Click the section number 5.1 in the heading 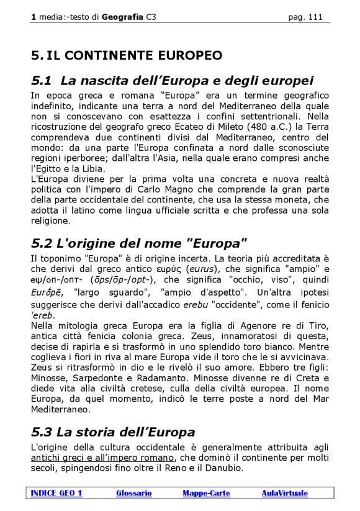(42, 80)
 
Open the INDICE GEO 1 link (56, 493)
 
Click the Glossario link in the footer (133, 493)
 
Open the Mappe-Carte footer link (206, 493)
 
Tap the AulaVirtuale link (284, 493)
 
